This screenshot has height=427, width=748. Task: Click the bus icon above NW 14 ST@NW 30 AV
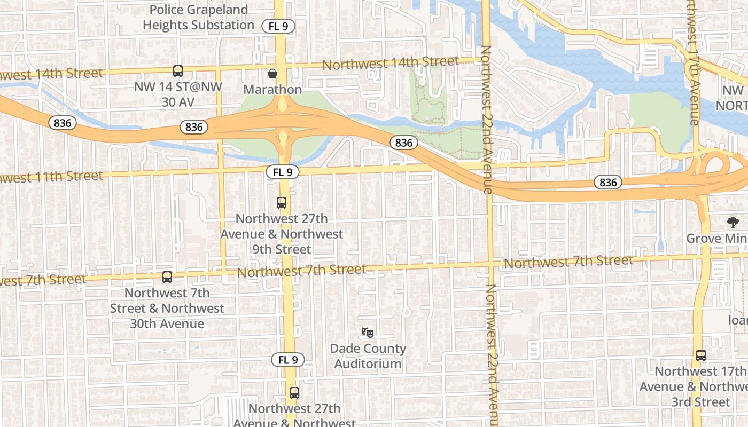pos(177,71)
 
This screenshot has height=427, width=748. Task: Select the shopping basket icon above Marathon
pos(272,74)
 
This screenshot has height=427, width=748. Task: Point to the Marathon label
pos(272,89)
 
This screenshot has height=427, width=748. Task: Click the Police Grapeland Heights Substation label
pos(198,17)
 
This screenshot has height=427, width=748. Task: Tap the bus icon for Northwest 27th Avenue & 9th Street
pos(282,203)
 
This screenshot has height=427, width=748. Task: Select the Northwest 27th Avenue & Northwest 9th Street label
pos(282,234)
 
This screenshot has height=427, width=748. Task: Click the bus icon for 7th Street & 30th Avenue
pos(167,277)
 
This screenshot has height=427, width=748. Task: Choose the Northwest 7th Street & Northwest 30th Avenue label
pos(167,308)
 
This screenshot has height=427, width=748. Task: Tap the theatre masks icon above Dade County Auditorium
pos(367,333)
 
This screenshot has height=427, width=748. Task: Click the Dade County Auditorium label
pos(368,356)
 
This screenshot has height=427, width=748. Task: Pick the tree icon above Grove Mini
pos(733,222)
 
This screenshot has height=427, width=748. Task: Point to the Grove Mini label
pos(716,238)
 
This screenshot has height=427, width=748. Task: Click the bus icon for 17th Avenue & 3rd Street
pos(701,355)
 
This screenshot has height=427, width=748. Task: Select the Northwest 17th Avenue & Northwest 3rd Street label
pos(700,386)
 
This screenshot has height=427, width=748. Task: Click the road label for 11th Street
pos(51,176)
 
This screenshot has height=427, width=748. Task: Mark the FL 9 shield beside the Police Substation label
pos(278,26)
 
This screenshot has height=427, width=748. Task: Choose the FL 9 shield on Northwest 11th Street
pos(282,172)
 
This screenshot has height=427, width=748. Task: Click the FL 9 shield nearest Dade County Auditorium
pos(287,360)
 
